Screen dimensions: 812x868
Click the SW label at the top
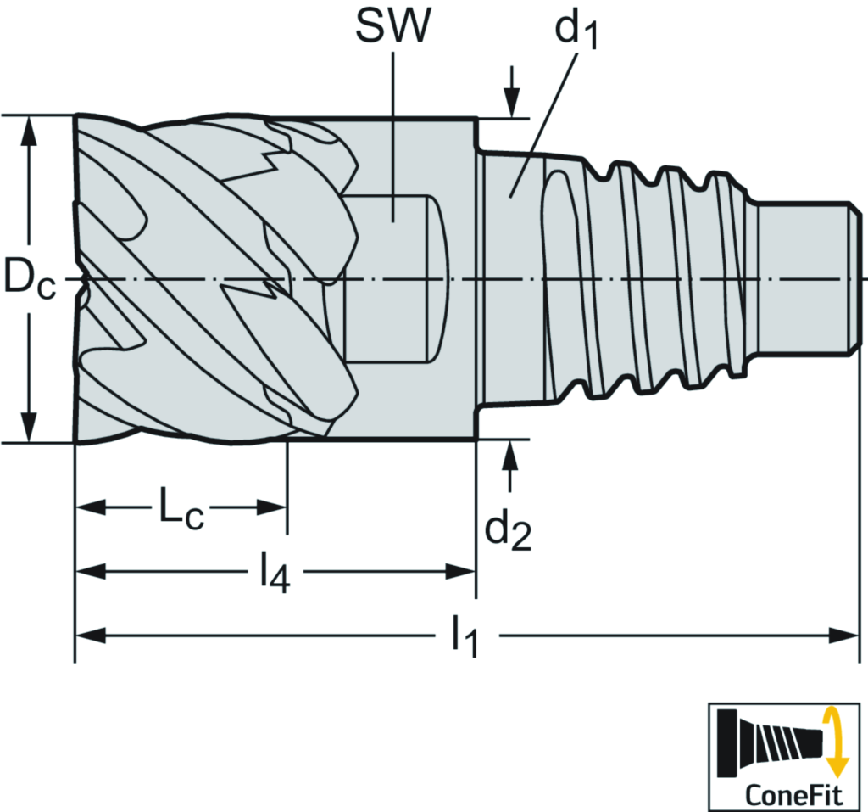tap(392, 27)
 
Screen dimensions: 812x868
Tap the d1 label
tap(577, 32)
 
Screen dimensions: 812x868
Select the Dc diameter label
tap(30, 278)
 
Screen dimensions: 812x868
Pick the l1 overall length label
tap(465, 636)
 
